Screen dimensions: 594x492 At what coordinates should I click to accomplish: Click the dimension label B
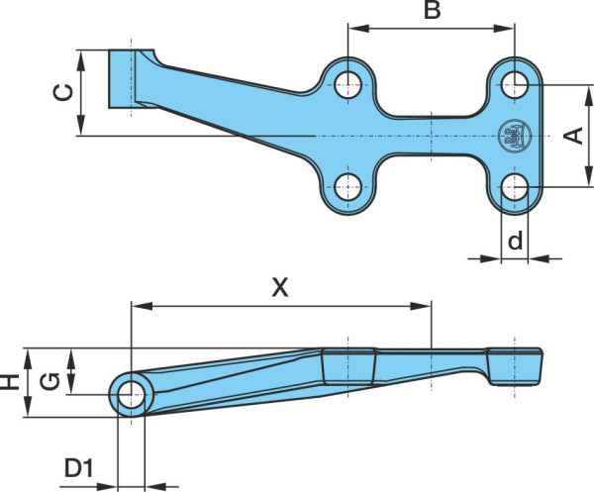[433, 10]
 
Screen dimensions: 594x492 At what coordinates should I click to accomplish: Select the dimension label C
[63, 93]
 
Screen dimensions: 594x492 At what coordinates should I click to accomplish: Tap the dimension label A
[573, 136]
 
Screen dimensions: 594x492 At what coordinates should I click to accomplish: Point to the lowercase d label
[515, 240]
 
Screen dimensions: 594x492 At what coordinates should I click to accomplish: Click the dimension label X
[280, 287]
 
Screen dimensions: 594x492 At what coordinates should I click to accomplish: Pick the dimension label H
[10, 382]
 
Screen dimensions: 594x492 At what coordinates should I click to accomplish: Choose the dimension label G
[49, 382]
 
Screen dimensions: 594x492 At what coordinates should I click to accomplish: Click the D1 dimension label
[79, 468]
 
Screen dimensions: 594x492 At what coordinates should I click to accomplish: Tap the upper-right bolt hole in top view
[515, 84]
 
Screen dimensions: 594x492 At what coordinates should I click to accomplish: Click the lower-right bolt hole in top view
[515, 187]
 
